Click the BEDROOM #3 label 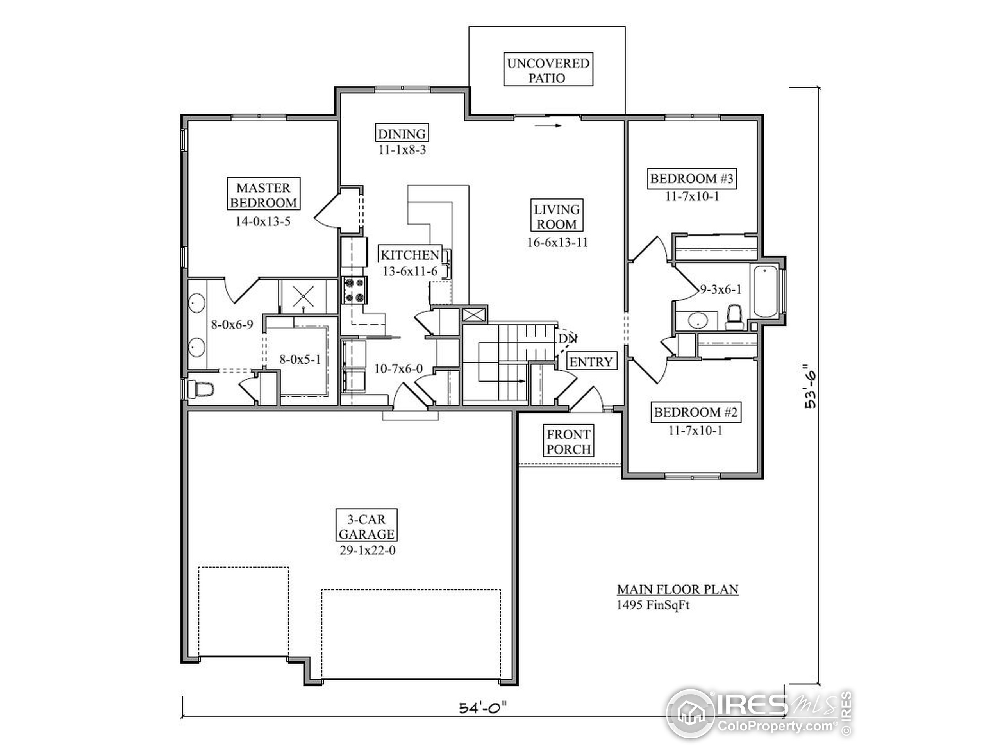692,179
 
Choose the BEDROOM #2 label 696,412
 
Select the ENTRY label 591,361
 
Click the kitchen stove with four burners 354,290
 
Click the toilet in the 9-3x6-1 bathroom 734,316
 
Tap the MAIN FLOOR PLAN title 678,589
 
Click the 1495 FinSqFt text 653,605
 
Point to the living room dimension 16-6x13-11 557,242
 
